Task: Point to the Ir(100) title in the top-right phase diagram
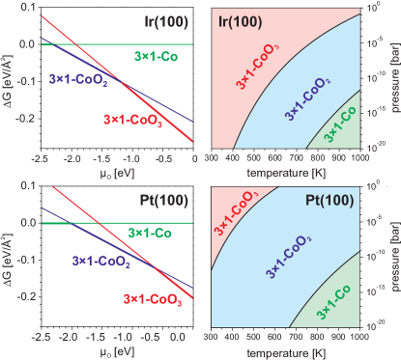(x=237, y=18)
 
